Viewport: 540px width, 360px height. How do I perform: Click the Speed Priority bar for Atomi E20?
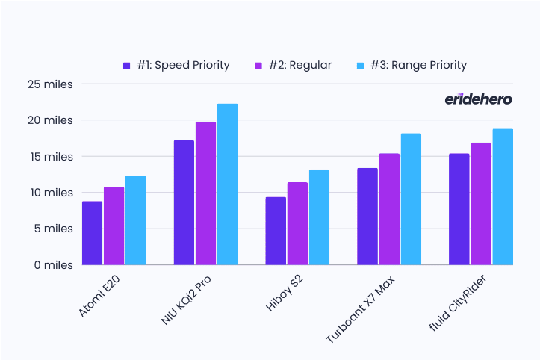(x=93, y=233)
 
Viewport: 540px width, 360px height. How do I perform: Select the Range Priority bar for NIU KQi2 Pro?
(x=227, y=184)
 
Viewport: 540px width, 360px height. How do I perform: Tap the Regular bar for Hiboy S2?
(x=297, y=223)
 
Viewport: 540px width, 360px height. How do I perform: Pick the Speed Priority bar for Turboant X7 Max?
(x=367, y=217)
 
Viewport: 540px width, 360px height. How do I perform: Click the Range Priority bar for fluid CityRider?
(x=503, y=197)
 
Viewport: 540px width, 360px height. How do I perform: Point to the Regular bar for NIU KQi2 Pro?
(x=205, y=193)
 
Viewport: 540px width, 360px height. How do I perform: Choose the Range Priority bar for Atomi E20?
(x=136, y=220)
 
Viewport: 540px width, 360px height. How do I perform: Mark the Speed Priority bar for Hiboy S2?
(x=276, y=231)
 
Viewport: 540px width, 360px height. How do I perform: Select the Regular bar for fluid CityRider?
(x=481, y=204)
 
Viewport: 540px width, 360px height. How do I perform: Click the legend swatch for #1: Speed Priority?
(x=127, y=66)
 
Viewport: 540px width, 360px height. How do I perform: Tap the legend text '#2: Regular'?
(x=300, y=65)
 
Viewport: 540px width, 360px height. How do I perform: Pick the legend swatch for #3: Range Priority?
(x=360, y=66)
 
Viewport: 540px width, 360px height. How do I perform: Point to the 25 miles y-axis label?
(x=50, y=84)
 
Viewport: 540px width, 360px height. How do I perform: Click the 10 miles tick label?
(x=52, y=193)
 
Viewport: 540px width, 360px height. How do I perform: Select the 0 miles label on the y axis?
(x=53, y=265)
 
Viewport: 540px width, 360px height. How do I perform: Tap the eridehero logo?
(x=478, y=99)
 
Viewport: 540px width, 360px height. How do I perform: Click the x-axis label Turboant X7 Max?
(x=360, y=309)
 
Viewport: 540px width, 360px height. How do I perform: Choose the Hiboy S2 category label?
(x=285, y=294)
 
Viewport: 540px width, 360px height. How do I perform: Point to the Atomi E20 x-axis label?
(x=99, y=296)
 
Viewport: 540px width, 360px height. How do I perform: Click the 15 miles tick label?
(x=52, y=157)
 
